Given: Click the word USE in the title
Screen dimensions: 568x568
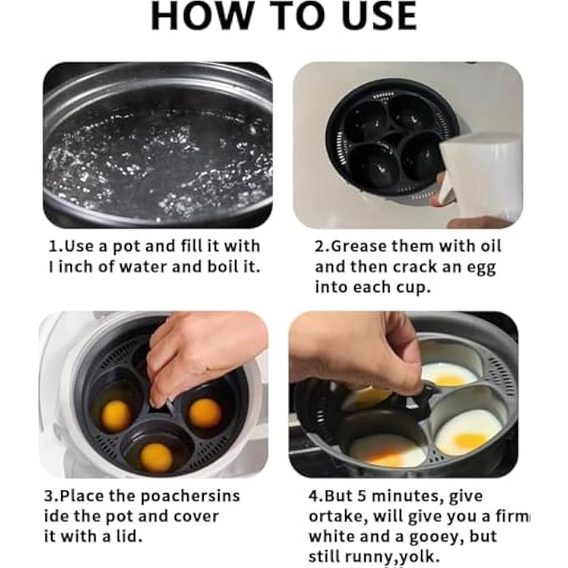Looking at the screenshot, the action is pyautogui.click(x=380, y=16).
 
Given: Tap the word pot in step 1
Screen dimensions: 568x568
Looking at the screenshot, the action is pyautogui.click(x=126, y=247).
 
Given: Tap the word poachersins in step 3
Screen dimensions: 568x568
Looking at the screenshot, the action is pyautogui.click(x=190, y=497).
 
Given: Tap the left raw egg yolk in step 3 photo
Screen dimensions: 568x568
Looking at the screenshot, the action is pyautogui.click(x=115, y=415).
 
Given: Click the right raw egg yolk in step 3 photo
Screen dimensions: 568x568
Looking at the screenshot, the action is pyautogui.click(x=205, y=413).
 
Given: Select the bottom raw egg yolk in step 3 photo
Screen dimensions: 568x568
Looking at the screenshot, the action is pyautogui.click(x=156, y=457).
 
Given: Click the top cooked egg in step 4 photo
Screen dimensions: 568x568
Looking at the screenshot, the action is pyautogui.click(x=450, y=375).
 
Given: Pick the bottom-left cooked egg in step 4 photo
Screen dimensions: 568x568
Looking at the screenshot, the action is pyautogui.click(x=388, y=451).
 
